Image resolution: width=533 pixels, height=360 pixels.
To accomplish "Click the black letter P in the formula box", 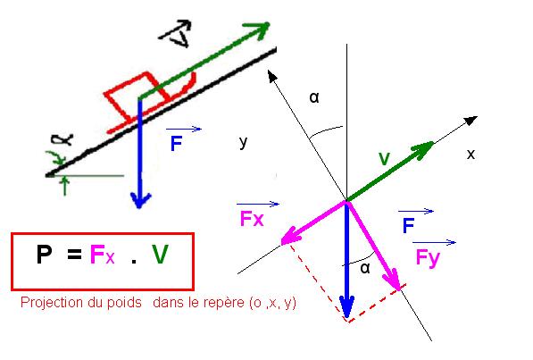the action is click(x=44, y=255).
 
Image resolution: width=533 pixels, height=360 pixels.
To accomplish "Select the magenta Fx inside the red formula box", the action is click(x=103, y=255).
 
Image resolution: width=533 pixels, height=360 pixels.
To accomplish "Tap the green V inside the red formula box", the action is click(x=160, y=255).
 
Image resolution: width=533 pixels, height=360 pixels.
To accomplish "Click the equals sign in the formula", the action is click(x=74, y=255).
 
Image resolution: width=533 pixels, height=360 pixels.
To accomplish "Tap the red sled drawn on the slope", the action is click(x=150, y=102).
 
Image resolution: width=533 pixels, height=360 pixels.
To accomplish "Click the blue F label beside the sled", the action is click(x=176, y=143).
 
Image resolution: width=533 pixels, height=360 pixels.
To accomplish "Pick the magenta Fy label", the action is click(x=428, y=258).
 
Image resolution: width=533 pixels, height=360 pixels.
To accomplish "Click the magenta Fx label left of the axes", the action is click(x=252, y=219).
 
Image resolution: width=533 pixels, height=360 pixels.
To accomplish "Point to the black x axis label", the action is click(x=471, y=155).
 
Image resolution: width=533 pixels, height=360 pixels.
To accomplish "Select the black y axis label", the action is click(x=243, y=142).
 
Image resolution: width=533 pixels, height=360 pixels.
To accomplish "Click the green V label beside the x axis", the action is click(x=384, y=159).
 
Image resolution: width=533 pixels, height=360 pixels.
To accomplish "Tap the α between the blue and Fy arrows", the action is click(x=365, y=268).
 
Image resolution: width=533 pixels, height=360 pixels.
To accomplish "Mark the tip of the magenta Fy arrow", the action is click(x=399, y=290).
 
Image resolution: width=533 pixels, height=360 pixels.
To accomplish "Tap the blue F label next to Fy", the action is click(x=408, y=226).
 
